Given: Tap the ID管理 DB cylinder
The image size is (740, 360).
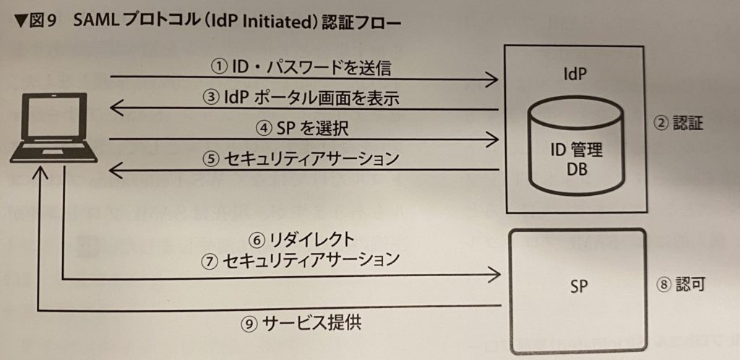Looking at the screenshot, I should pos(575,145).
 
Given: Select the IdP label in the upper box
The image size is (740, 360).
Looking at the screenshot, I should pos(575,74).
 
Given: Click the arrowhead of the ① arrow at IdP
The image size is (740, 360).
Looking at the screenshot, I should pos(494,78).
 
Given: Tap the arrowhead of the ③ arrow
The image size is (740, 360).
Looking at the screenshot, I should pos(116,108).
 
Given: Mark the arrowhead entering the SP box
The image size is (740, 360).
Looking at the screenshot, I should pos(494,273).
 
